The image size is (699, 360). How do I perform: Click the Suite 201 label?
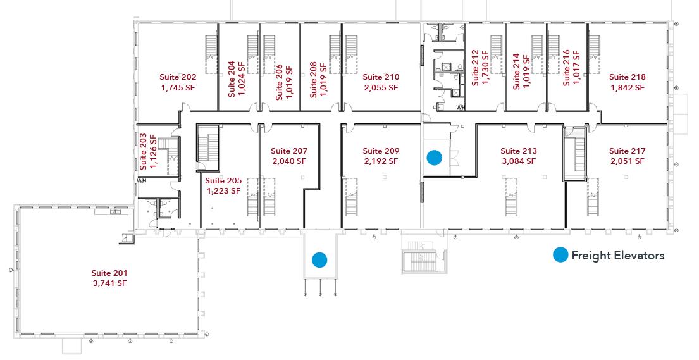tap(109, 273)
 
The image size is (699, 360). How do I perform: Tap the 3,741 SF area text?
tap(109, 283)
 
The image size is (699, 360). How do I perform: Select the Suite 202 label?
tap(178, 77)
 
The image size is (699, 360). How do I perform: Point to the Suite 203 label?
tap(144, 152)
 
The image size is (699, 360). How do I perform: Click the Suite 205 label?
tap(223, 181)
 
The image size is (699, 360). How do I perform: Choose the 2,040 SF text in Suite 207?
tap(289, 161)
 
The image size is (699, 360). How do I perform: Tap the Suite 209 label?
tap(381, 151)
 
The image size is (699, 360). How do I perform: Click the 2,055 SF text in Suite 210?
tap(381, 88)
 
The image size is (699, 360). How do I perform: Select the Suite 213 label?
tap(519, 151)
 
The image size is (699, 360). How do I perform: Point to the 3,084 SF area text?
tap(519, 161)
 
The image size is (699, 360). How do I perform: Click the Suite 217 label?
tap(628, 151)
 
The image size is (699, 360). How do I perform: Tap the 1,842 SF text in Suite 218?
tap(628, 88)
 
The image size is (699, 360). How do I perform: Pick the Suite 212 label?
tap(475, 68)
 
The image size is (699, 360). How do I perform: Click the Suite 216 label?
tap(566, 68)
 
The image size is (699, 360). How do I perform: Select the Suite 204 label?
tap(232, 79)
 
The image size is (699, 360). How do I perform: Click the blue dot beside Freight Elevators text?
tap(560, 255)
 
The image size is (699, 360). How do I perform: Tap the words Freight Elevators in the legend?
tap(618, 255)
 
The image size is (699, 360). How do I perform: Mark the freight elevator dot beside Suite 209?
tap(434, 158)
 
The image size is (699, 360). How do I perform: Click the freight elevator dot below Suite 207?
tap(319, 259)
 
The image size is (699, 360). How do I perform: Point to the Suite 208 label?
tap(313, 80)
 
